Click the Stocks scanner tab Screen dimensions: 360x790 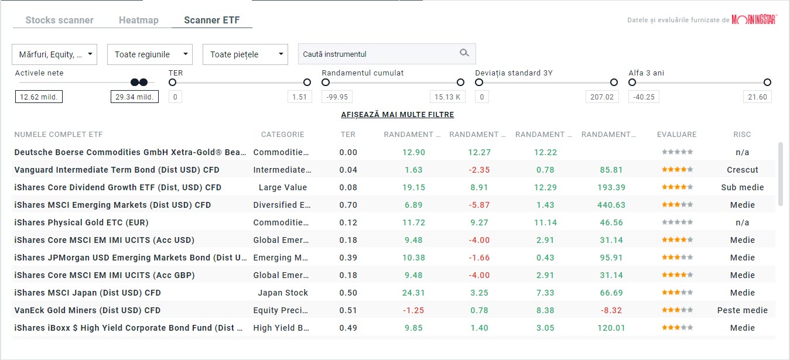[x=59, y=20]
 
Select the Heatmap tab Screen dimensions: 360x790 [x=138, y=20]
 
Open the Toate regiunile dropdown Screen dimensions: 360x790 [x=150, y=54]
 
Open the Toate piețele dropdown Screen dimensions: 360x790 [x=245, y=54]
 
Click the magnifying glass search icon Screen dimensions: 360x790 [x=464, y=53]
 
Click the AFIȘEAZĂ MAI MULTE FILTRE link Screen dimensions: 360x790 [x=397, y=115]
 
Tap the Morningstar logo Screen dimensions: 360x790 [x=754, y=20]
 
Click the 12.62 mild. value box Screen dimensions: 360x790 [x=39, y=97]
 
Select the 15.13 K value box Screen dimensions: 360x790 [x=447, y=97]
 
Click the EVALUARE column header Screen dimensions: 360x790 [x=676, y=135]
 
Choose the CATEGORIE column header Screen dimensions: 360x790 [x=282, y=135]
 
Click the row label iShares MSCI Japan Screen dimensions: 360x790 [x=87, y=293]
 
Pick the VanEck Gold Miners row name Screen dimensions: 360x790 [x=87, y=310]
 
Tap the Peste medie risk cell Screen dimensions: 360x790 [x=742, y=310]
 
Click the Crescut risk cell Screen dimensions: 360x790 [x=742, y=170]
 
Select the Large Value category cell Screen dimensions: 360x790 [x=282, y=187]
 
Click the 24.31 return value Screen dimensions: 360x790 [x=413, y=293]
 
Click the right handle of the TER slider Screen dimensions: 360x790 [x=307, y=83]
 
